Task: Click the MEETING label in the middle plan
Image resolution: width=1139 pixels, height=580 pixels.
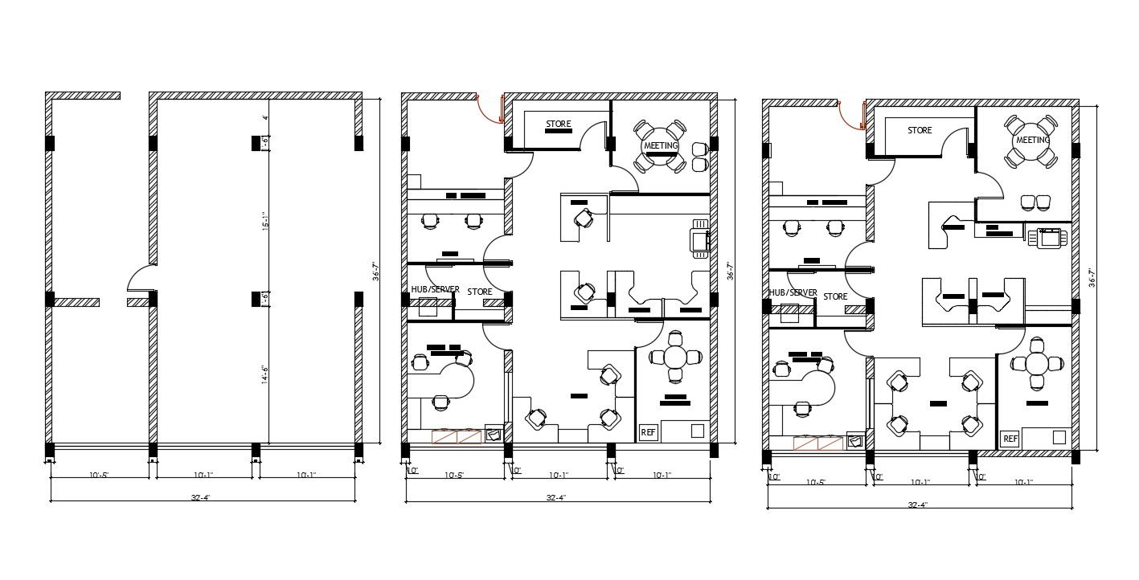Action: coord(660,145)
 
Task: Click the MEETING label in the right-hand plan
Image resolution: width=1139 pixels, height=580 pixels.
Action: coord(1033,140)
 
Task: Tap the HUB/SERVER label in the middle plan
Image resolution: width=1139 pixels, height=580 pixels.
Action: coord(435,289)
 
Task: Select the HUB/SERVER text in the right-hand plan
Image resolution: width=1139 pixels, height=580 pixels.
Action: coord(793,293)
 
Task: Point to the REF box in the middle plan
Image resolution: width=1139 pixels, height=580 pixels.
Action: coord(648,432)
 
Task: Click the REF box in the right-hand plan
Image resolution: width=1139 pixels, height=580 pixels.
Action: coord(1010,439)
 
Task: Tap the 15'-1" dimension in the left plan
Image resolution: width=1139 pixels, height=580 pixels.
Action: coord(264,220)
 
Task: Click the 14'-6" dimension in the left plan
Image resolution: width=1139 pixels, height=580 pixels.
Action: coord(264,375)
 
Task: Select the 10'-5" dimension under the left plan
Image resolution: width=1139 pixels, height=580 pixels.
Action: coord(100,475)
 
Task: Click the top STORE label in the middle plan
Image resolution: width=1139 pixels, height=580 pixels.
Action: coord(558,125)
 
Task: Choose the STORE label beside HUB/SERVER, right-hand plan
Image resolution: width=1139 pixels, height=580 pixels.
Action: coord(835,296)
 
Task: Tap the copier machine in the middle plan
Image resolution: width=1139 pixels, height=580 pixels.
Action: coord(698,239)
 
